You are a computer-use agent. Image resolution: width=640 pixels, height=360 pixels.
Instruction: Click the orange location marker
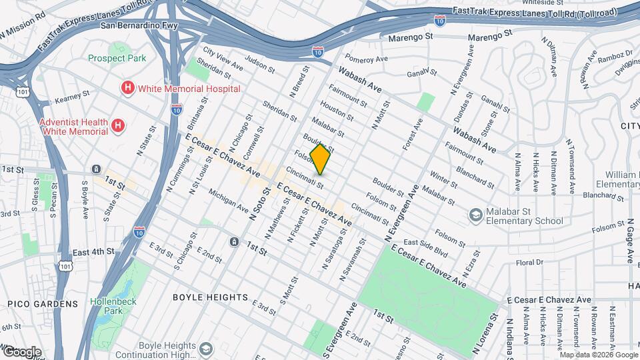point(321,159)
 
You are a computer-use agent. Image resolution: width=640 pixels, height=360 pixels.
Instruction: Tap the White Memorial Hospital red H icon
point(127,88)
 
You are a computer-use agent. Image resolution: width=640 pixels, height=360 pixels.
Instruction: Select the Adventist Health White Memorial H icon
point(117,125)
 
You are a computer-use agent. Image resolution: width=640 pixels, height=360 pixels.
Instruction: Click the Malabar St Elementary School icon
point(475,215)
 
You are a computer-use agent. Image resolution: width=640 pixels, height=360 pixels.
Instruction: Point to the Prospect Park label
point(117,59)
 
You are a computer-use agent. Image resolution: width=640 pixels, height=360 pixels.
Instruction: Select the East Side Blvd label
point(425,246)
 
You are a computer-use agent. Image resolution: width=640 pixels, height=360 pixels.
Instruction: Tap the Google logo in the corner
point(21,351)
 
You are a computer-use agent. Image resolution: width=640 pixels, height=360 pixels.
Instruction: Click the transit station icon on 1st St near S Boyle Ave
point(97,169)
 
